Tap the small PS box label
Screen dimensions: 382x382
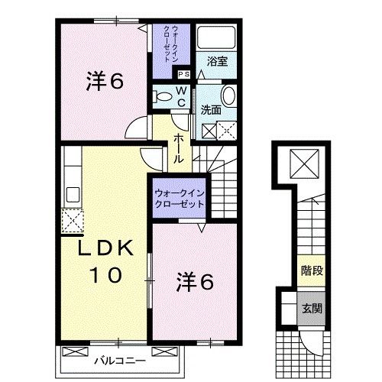183,74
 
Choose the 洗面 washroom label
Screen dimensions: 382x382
211,109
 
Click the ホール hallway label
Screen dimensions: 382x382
178,148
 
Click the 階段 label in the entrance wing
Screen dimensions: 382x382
310,269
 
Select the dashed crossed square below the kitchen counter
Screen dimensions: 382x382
73,222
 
